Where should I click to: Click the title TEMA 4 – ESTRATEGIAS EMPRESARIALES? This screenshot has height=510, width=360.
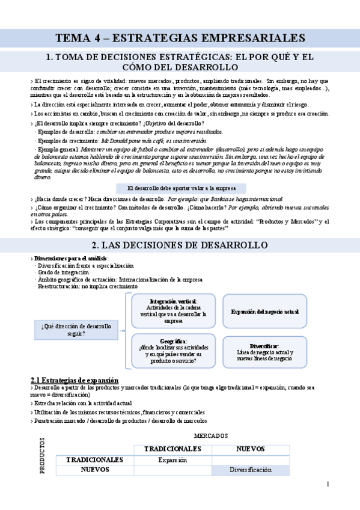(180, 38)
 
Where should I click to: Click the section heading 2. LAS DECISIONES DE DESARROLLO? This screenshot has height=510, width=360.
(180, 245)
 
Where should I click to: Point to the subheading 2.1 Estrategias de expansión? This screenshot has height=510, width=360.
(75, 380)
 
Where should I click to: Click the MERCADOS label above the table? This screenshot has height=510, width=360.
(210, 434)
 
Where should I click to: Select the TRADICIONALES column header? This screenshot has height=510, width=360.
(172, 449)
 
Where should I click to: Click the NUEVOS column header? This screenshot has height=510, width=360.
(251, 449)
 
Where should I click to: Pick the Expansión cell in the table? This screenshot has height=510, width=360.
(172, 459)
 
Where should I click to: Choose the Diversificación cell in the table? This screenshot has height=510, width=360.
(251, 470)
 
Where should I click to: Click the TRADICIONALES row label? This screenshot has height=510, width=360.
(95, 459)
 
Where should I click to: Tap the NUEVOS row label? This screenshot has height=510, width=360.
(95, 470)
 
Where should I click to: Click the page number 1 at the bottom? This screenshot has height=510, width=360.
(328, 484)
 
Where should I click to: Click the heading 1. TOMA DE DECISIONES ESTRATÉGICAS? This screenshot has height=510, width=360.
(180, 62)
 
